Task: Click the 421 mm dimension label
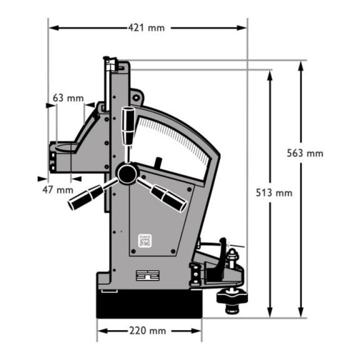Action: pos(146,28)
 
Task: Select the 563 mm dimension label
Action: pos(305,153)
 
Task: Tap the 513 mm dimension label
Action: pos(274,192)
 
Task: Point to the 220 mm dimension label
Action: pos(147,331)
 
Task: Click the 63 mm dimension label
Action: pos(68,98)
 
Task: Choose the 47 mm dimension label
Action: pos(58,190)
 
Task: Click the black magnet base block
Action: pos(149,304)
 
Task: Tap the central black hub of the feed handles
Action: pos(127,174)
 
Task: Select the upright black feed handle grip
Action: pos(128,126)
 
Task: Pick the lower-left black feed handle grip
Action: pos(86,197)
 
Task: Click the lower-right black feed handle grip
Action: pos(169,199)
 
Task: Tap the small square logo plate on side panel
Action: pos(145,241)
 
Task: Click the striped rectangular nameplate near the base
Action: pos(147,275)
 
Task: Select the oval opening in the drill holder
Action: pos(67,147)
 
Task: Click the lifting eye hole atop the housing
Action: pos(136,97)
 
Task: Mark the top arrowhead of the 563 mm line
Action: pos(301,67)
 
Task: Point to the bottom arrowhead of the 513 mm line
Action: pos(270,312)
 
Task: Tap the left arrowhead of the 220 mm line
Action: pos(102,331)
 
